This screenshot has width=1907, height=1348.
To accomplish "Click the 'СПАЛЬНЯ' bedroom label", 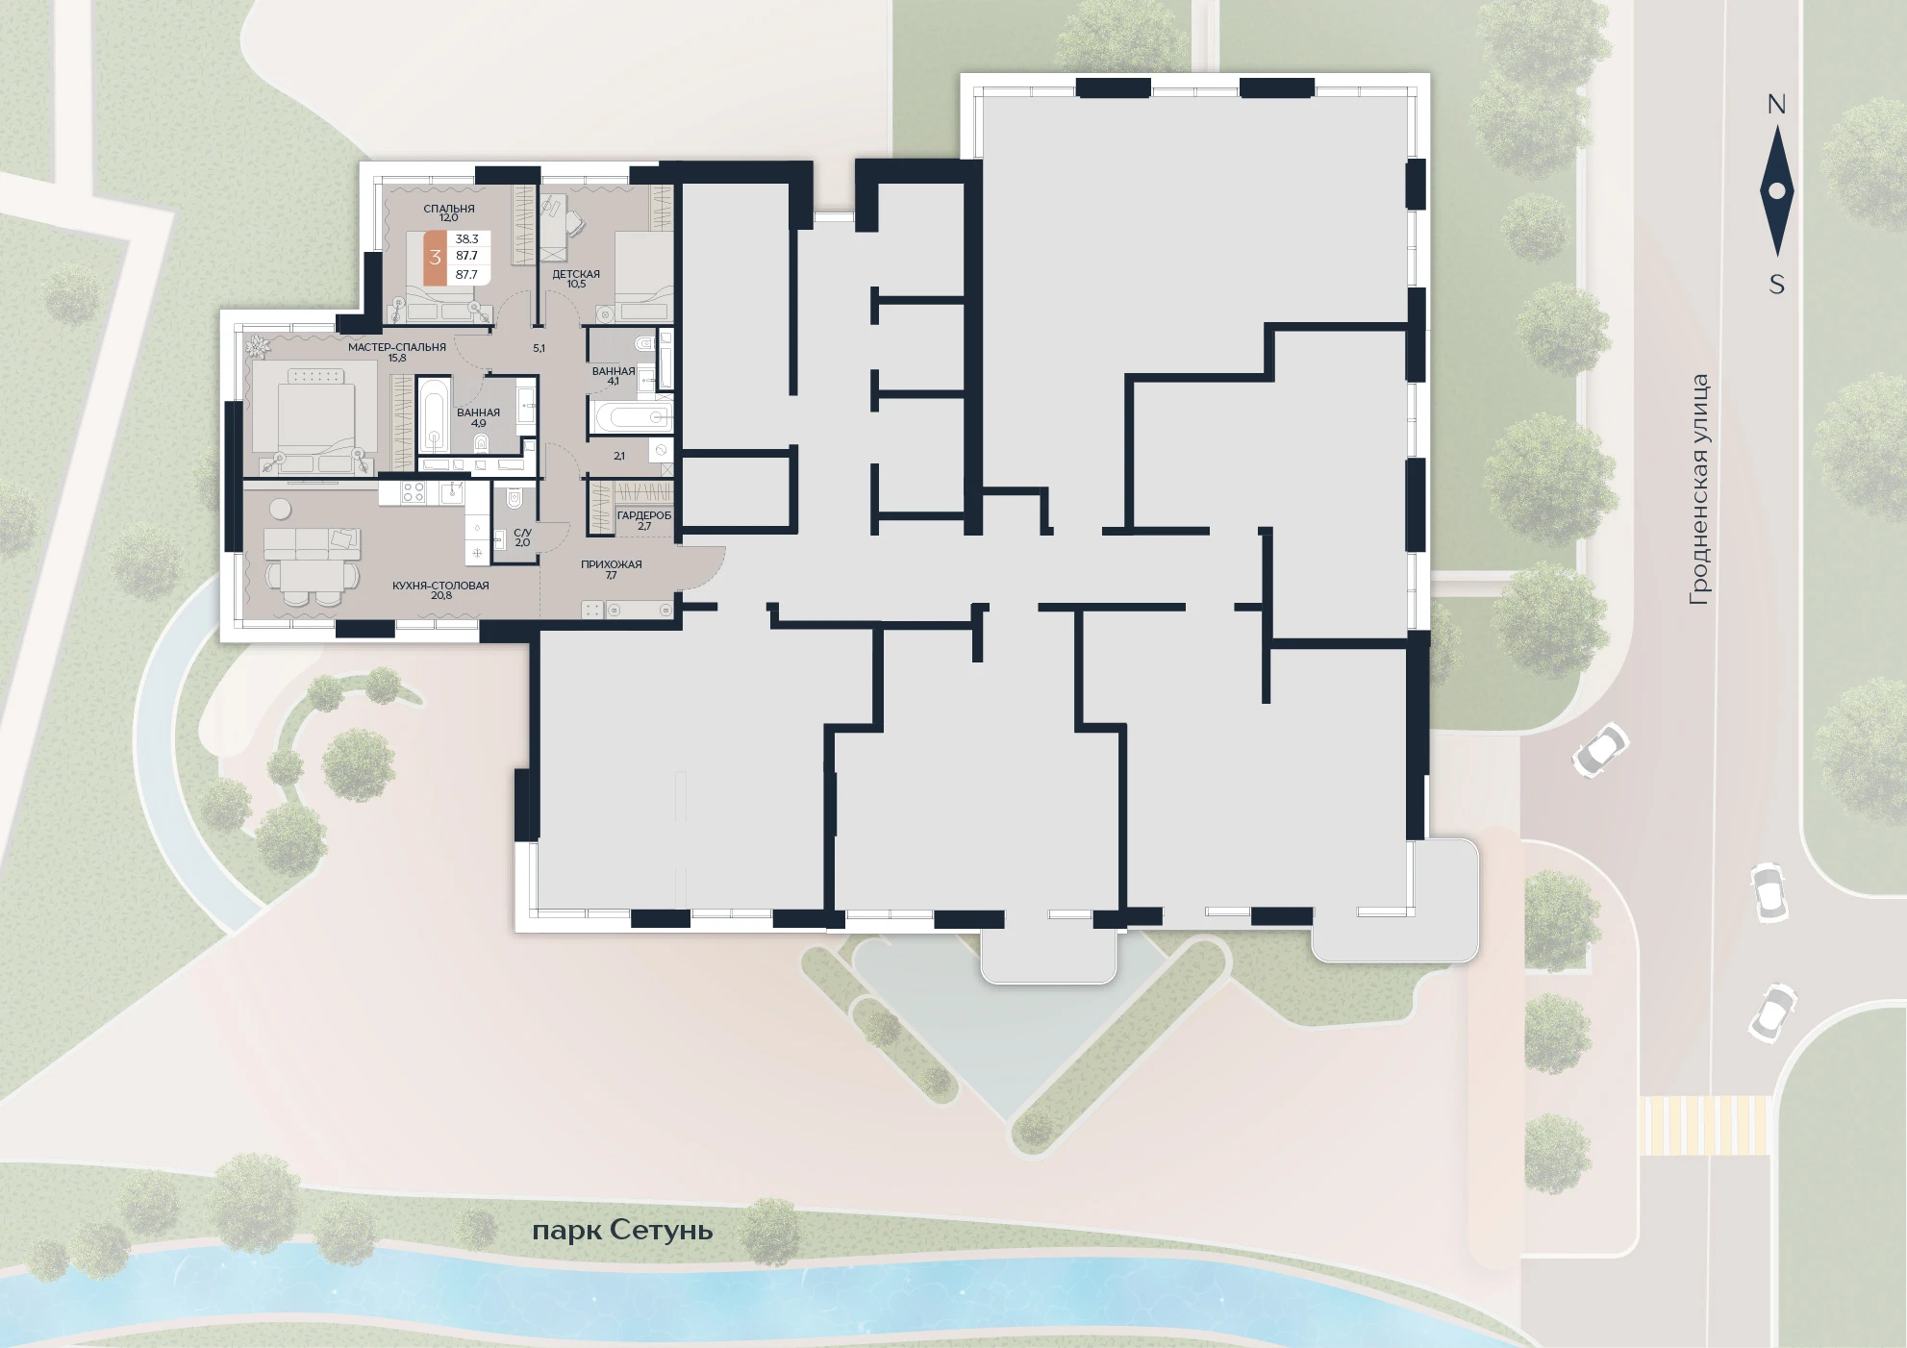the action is [x=449, y=209].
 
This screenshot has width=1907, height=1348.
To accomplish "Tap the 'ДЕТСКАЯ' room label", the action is [x=576, y=274].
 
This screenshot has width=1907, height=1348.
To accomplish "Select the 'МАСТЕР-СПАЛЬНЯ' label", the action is [x=397, y=347].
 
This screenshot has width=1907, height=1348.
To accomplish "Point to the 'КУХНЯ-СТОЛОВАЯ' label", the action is [x=440, y=585].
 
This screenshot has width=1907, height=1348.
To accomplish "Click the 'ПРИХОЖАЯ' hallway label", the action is [x=612, y=564].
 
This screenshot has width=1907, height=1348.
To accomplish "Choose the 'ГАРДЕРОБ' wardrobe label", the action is [x=644, y=515].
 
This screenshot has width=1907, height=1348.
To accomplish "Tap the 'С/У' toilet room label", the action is [x=522, y=532].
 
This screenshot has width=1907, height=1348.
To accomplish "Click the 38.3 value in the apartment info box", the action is [x=467, y=238].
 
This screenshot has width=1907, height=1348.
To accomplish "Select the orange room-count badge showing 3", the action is [x=436, y=257].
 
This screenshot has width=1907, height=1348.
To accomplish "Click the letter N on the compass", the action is [x=1776, y=106].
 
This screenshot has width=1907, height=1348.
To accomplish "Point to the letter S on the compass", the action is [x=1776, y=285].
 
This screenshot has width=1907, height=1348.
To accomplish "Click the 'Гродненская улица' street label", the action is [x=1699, y=489].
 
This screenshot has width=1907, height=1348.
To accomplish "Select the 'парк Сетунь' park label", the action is [x=622, y=1231].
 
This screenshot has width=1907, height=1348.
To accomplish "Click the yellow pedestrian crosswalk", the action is [x=1704, y=1125].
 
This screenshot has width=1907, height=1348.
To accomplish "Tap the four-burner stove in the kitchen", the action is [x=414, y=493].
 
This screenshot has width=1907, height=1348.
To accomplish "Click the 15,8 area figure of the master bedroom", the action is [x=397, y=358].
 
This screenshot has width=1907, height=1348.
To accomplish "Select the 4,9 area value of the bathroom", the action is [x=479, y=423].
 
